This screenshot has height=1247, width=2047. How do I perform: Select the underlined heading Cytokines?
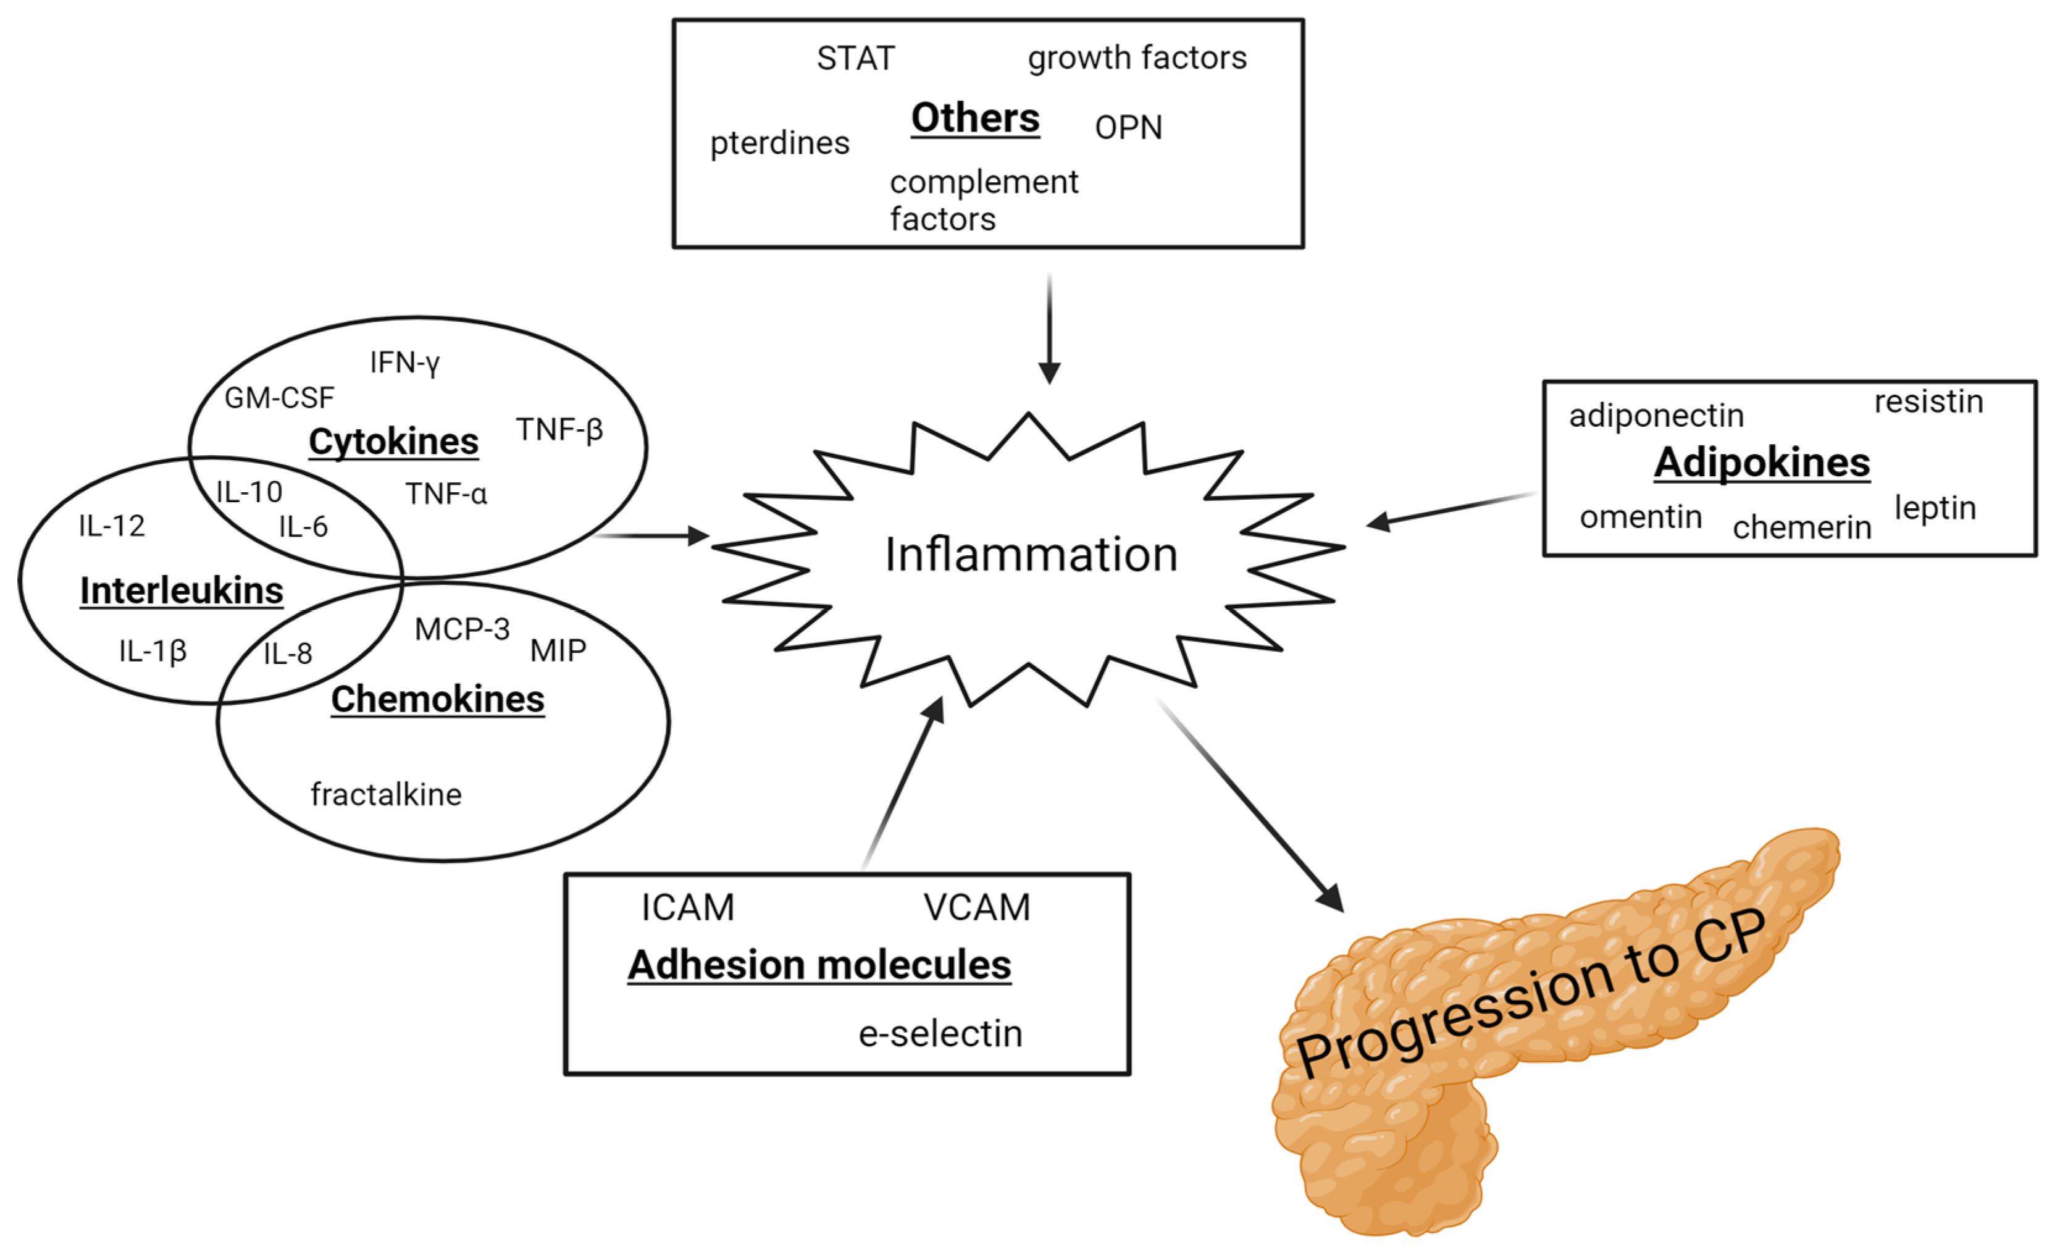(x=393, y=441)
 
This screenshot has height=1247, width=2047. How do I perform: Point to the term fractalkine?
(x=385, y=795)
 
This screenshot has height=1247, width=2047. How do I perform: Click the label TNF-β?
(x=559, y=429)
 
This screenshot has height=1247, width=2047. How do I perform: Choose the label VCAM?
(x=977, y=907)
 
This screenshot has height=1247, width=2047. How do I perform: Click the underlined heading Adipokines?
(x=1761, y=463)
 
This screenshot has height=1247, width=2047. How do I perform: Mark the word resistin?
(x=1928, y=402)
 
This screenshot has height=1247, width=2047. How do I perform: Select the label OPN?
(x=1128, y=128)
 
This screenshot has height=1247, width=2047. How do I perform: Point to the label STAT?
(x=856, y=58)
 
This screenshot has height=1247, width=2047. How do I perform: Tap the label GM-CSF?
(x=279, y=398)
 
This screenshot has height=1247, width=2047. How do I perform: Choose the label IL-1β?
(x=153, y=650)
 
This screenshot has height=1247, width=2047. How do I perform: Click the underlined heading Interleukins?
(x=181, y=590)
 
